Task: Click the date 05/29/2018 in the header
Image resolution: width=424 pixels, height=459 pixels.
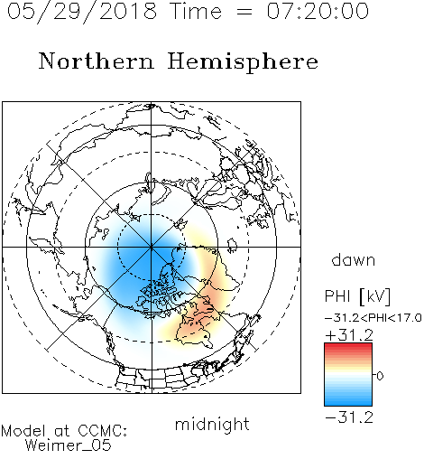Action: click(x=82, y=12)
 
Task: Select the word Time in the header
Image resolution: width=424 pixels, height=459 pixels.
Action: click(x=196, y=11)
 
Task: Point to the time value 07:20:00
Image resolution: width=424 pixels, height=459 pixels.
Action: click(x=318, y=11)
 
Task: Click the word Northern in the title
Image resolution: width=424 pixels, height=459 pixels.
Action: click(x=96, y=61)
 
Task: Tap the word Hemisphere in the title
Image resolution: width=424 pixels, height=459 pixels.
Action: click(x=243, y=62)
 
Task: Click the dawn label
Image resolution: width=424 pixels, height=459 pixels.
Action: click(x=354, y=259)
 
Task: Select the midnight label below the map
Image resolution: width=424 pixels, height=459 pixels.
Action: click(x=212, y=425)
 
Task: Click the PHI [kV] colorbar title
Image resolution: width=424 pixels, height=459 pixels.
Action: click(x=357, y=296)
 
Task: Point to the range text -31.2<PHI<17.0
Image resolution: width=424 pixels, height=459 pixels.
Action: click(x=373, y=318)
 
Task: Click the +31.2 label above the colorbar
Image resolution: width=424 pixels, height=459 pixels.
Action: click(x=349, y=335)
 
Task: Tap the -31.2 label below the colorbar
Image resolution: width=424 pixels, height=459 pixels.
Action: click(x=349, y=417)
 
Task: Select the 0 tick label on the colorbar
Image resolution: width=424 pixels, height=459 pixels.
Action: click(x=380, y=376)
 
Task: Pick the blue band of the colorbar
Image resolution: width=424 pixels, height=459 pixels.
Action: click(x=348, y=398)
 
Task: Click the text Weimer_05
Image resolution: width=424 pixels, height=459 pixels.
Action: click(x=69, y=445)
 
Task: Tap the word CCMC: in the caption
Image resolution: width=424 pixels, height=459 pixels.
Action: click(x=102, y=431)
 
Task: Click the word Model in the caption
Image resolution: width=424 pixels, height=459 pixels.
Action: click(x=23, y=431)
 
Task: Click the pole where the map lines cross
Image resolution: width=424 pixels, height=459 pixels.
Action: click(x=152, y=248)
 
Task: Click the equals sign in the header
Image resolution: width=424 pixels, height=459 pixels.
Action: click(x=244, y=12)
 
